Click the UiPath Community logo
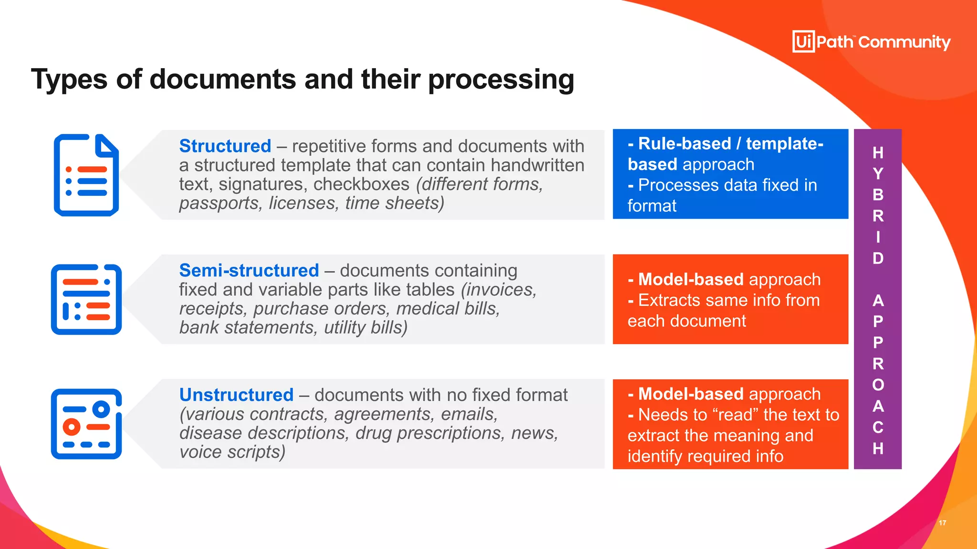click(871, 42)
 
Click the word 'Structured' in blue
click(225, 146)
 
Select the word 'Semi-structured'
click(249, 270)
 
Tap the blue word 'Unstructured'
click(236, 395)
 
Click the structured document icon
click(86, 175)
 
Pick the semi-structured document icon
click(86, 299)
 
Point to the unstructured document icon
click(86, 424)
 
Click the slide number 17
click(942, 523)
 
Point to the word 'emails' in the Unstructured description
click(469, 414)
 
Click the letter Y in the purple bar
click(878, 174)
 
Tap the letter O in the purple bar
click(878, 385)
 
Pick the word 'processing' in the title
click(501, 80)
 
